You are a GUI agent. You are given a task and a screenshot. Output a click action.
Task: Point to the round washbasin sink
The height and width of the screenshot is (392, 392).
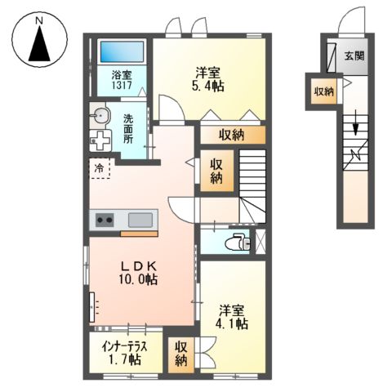100,115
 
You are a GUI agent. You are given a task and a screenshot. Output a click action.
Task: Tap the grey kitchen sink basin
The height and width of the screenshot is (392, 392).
141,220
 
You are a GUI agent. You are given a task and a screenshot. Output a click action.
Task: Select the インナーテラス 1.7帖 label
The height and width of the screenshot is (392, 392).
125,351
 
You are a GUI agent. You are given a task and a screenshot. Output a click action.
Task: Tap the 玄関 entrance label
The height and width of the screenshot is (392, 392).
354,56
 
